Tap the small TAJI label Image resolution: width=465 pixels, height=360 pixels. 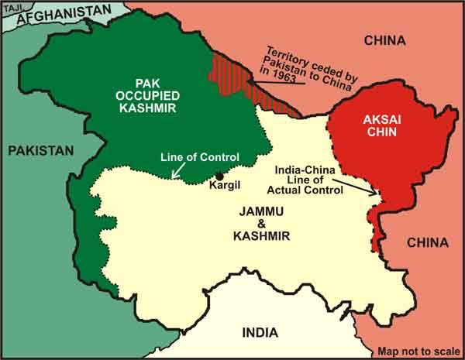tap(11, 7)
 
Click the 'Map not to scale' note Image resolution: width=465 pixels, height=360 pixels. tap(418, 350)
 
